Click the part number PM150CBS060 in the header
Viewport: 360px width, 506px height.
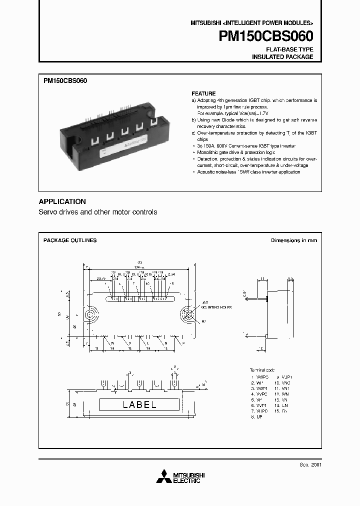266,36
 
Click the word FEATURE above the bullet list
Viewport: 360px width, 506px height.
203,93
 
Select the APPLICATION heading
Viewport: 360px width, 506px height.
62,201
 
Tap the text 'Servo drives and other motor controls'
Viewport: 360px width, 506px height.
98,212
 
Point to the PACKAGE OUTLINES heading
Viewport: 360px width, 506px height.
70,240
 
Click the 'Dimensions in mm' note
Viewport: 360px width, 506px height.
293,240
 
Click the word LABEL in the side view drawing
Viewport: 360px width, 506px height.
139,404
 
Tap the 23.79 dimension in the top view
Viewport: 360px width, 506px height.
101,278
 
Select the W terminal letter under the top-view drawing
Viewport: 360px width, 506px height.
112,343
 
